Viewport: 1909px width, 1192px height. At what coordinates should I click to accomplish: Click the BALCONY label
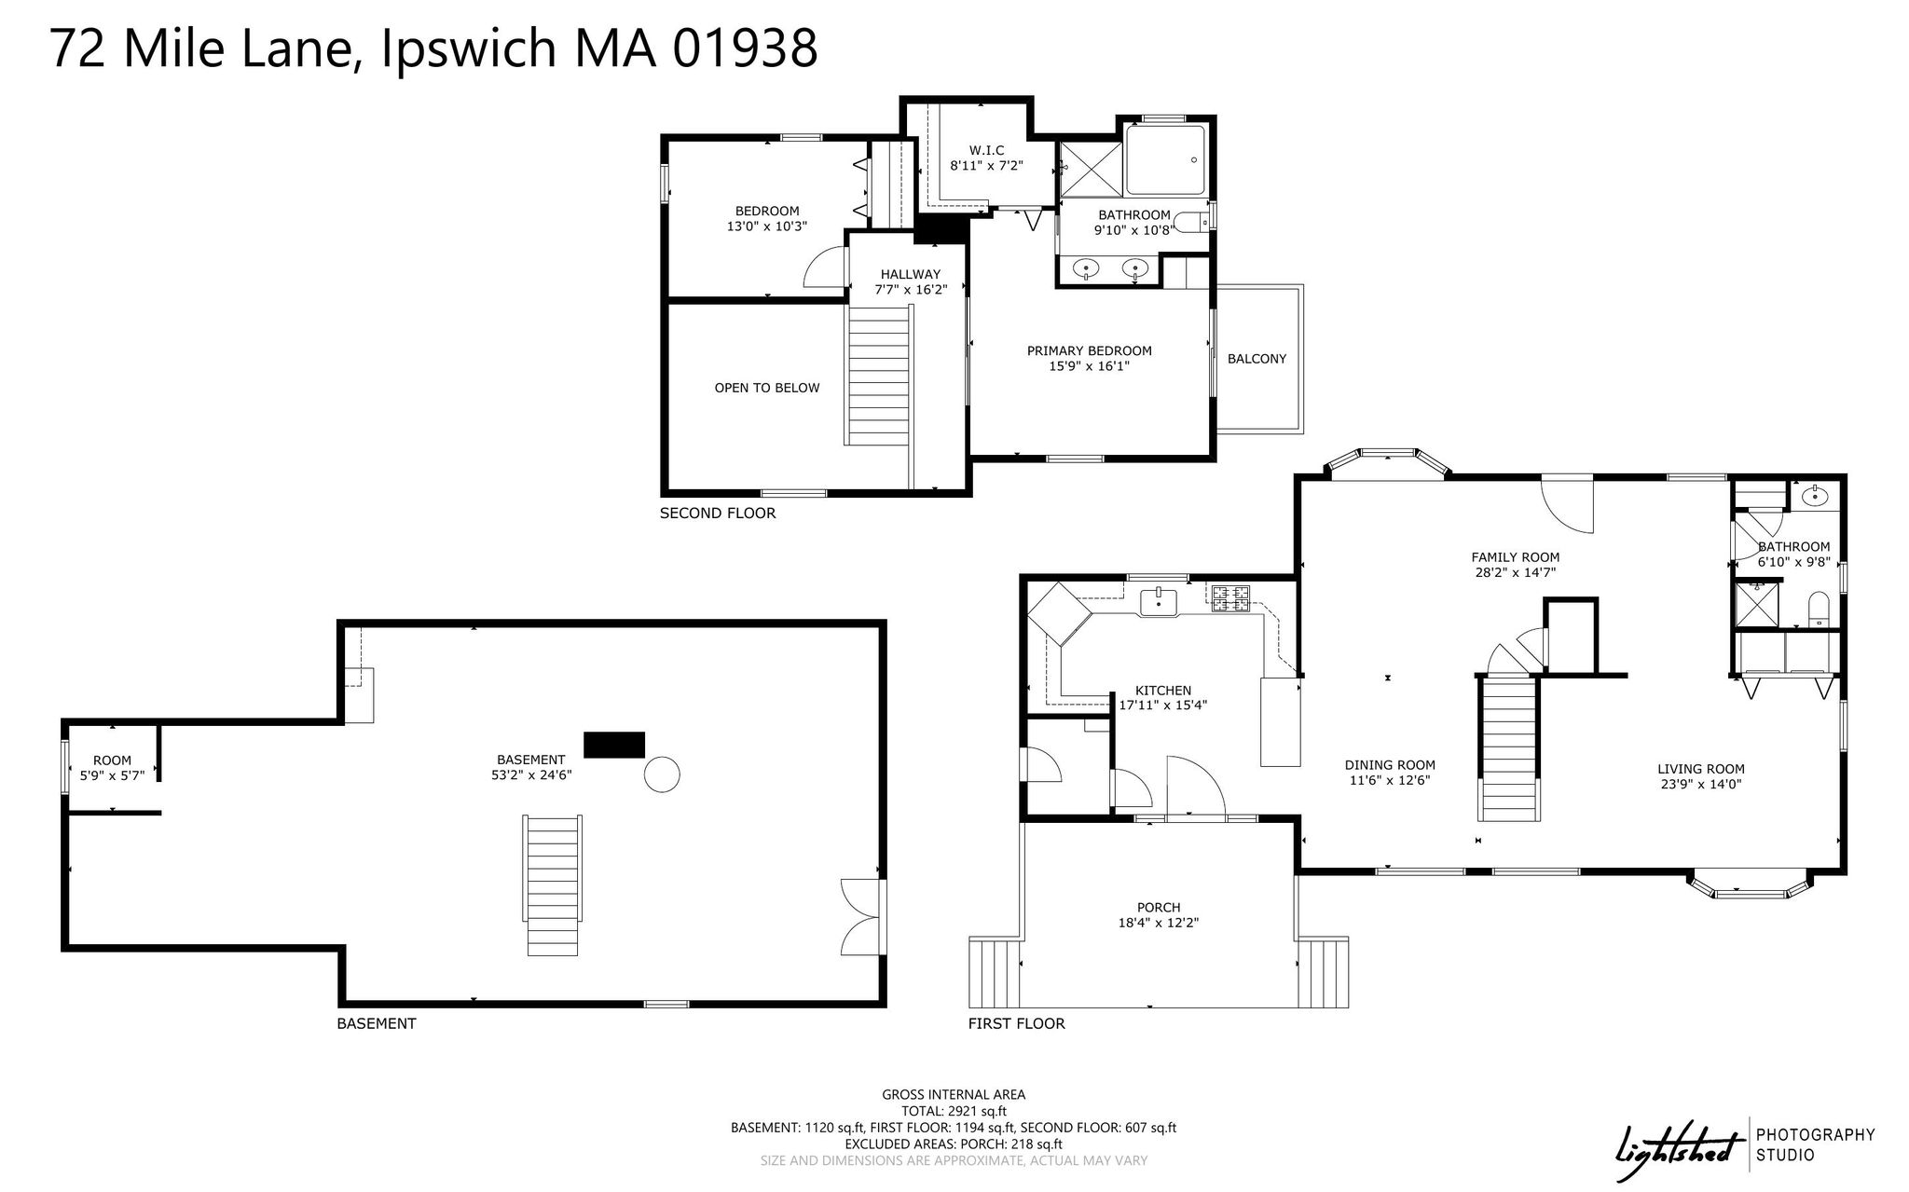[x=1257, y=359]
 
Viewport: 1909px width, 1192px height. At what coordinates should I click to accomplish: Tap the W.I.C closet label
[x=986, y=150]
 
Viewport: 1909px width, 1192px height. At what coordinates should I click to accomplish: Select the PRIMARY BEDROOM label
[x=1089, y=351]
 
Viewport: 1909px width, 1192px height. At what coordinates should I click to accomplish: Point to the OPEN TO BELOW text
[x=767, y=388]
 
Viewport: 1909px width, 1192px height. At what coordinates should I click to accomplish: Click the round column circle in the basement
[x=662, y=774]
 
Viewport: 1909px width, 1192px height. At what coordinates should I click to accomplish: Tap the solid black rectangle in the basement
[x=614, y=745]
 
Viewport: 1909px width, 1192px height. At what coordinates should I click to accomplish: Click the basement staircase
[x=555, y=884]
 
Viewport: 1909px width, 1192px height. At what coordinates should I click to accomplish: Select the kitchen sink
[x=1159, y=601]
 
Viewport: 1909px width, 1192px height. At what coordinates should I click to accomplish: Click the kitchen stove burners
[x=1230, y=597]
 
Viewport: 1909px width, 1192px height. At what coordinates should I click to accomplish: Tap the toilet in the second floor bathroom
[x=1190, y=222]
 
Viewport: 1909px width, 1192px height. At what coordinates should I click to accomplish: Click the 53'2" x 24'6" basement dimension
[x=530, y=774]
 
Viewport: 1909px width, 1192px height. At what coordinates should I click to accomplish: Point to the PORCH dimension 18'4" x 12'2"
[x=1159, y=923]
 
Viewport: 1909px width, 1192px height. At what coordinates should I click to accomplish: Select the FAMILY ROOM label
[x=1515, y=557]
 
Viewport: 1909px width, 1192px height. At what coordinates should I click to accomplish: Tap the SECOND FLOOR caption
[x=718, y=514]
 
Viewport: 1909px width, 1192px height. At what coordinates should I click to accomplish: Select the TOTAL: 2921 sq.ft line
[x=954, y=1111]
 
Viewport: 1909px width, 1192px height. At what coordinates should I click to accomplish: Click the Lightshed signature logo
[x=1680, y=1145]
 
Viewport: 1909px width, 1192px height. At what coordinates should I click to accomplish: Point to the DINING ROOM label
[x=1389, y=765]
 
